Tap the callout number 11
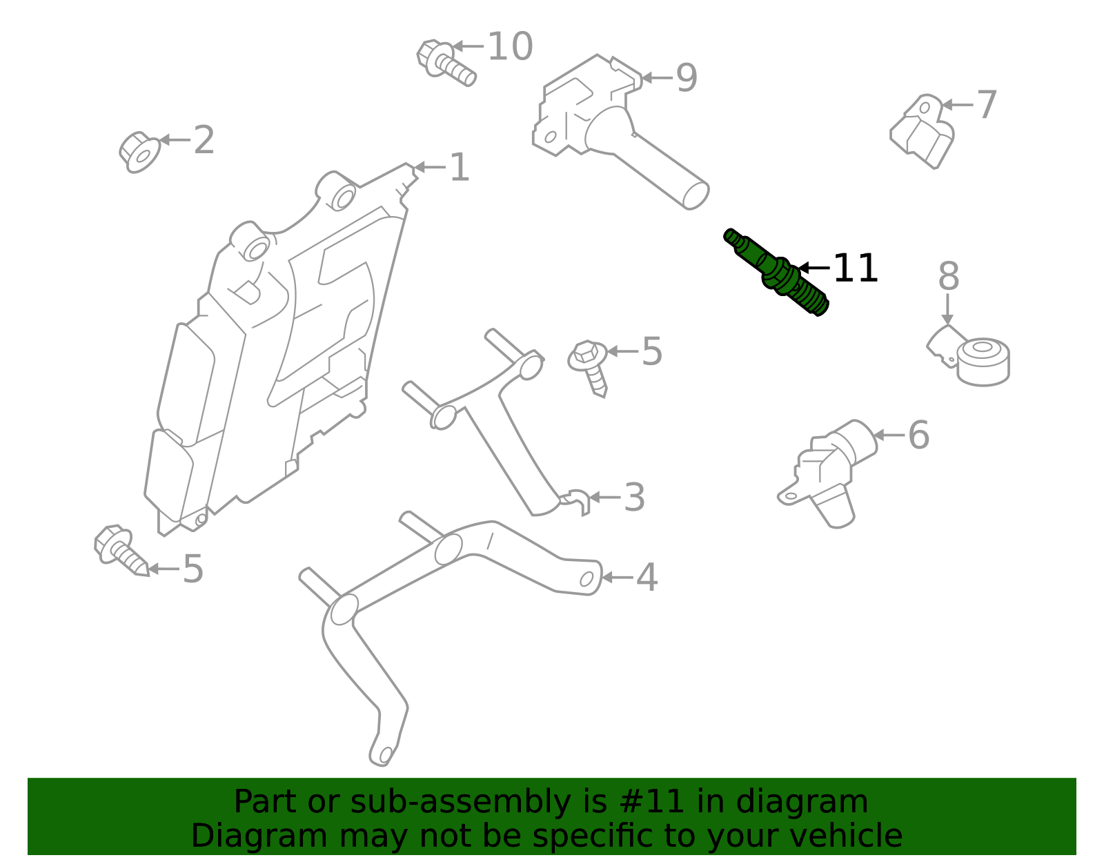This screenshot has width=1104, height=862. pyautogui.click(x=855, y=268)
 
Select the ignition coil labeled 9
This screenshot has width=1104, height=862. pyautogui.click(x=607, y=124)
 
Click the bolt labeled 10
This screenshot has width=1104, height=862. pyautogui.click(x=445, y=61)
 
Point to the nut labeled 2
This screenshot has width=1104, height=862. pyautogui.click(x=139, y=151)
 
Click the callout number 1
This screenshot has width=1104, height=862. pyautogui.click(x=459, y=168)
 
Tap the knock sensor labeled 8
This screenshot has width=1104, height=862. pyautogui.click(x=980, y=360)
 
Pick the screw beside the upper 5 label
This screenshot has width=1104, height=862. pyautogui.click(x=590, y=366)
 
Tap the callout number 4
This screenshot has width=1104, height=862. pyautogui.click(x=646, y=578)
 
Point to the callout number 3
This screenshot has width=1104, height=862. pyautogui.click(x=633, y=498)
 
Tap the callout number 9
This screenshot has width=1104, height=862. pyautogui.click(x=686, y=78)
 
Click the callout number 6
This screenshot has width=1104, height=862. pyautogui.click(x=918, y=435)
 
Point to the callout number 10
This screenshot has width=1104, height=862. pyautogui.click(x=510, y=47)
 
